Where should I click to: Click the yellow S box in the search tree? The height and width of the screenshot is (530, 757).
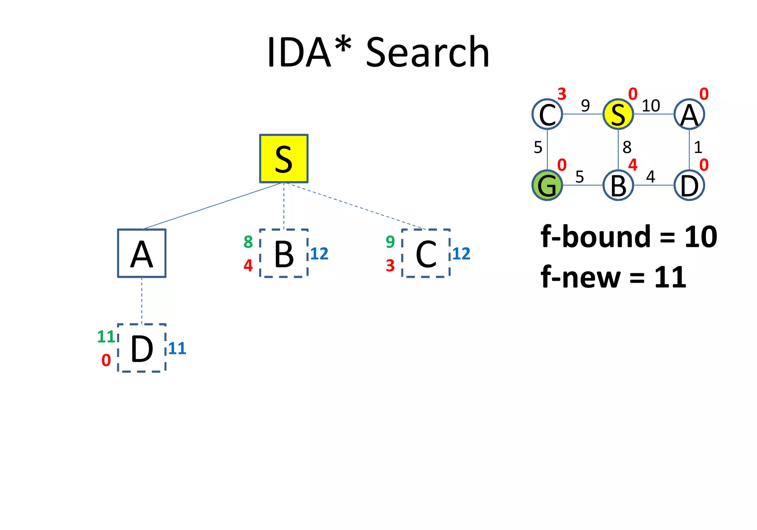[284, 159]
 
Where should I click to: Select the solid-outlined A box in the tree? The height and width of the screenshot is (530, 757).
[142, 253]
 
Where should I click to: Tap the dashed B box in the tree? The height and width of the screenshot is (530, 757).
[284, 253]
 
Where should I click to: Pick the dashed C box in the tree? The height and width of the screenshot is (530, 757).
[426, 253]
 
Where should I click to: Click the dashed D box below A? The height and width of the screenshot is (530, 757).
[142, 348]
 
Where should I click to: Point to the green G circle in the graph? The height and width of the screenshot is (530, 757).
[547, 185]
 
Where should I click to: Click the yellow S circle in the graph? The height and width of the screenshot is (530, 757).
[618, 114]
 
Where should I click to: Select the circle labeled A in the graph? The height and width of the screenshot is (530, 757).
[689, 114]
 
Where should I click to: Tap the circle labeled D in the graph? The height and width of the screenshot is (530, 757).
[689, 185]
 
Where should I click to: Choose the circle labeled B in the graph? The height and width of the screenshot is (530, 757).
[618, 185]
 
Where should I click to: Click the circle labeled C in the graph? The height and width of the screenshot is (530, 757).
[547, 114]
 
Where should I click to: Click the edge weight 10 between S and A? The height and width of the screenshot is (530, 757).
[651, 106]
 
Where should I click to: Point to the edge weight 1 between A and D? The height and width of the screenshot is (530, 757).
[698, 147]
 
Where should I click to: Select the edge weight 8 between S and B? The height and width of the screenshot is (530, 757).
[627, 147]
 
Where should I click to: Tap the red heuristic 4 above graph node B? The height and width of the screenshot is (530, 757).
[633, 165]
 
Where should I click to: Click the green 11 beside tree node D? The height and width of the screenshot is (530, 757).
[106, 337]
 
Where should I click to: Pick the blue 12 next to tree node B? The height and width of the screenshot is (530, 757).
[319, 254]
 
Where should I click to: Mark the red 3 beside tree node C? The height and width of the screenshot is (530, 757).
[390, 265]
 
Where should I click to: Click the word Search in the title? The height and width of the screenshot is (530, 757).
[427, 52]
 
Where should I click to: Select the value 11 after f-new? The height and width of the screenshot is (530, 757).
[670, 277]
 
